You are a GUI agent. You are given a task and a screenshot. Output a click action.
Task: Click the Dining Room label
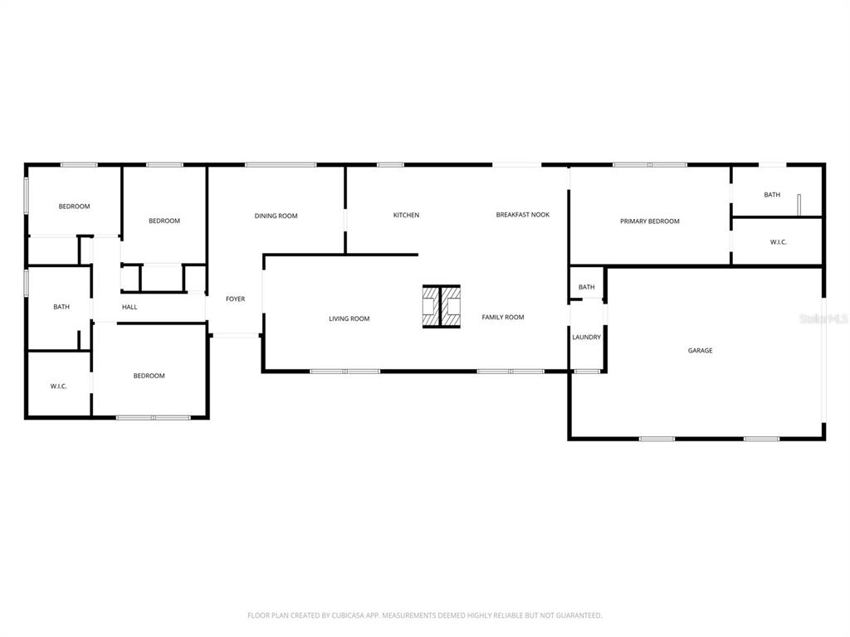tap(276, 216)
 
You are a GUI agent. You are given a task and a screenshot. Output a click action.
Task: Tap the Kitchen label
tap(406, 215)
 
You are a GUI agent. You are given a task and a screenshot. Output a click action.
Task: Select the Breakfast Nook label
tap(523, 215)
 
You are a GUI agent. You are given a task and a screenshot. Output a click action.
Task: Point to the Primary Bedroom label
tap(649, 221)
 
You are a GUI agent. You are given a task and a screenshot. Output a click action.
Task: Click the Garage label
tap(700, 351)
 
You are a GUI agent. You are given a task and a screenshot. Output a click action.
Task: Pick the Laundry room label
tap(587, 337)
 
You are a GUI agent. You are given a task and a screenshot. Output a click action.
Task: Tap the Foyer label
tap(235, 299)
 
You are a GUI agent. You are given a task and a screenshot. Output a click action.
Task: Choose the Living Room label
tap(349, 318)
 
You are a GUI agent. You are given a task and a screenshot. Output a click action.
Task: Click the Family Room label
tap(502, 317)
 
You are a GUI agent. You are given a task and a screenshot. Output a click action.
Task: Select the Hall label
tap(129, 307)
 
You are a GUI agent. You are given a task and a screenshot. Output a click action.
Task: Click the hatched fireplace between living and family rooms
tap(442, 307)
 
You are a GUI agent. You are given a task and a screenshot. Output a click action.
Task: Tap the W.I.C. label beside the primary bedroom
tap(779, 242)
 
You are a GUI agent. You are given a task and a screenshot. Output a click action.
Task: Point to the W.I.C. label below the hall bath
tap(59, 387)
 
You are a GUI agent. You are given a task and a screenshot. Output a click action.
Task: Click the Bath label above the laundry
tap(587, 287)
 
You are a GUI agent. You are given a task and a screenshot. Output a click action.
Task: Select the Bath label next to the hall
tap(61, 307)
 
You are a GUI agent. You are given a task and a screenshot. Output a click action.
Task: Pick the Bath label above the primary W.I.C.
tap(772, 194)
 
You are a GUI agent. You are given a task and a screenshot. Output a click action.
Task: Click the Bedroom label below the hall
tap(149, 376)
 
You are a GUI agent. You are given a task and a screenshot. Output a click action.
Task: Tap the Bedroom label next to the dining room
tap(164, 221)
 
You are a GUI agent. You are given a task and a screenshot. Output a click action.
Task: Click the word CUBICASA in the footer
tap(349, 615)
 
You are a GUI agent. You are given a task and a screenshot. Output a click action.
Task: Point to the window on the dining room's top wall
tap(281, 165)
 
